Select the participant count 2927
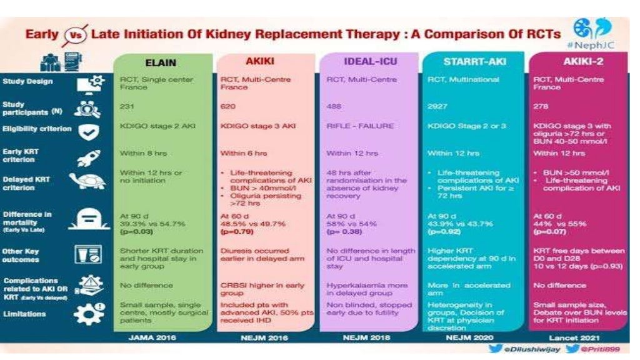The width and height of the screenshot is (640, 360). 437,107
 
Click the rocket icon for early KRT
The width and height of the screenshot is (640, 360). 86,156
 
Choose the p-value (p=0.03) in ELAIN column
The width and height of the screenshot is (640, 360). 137,232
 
